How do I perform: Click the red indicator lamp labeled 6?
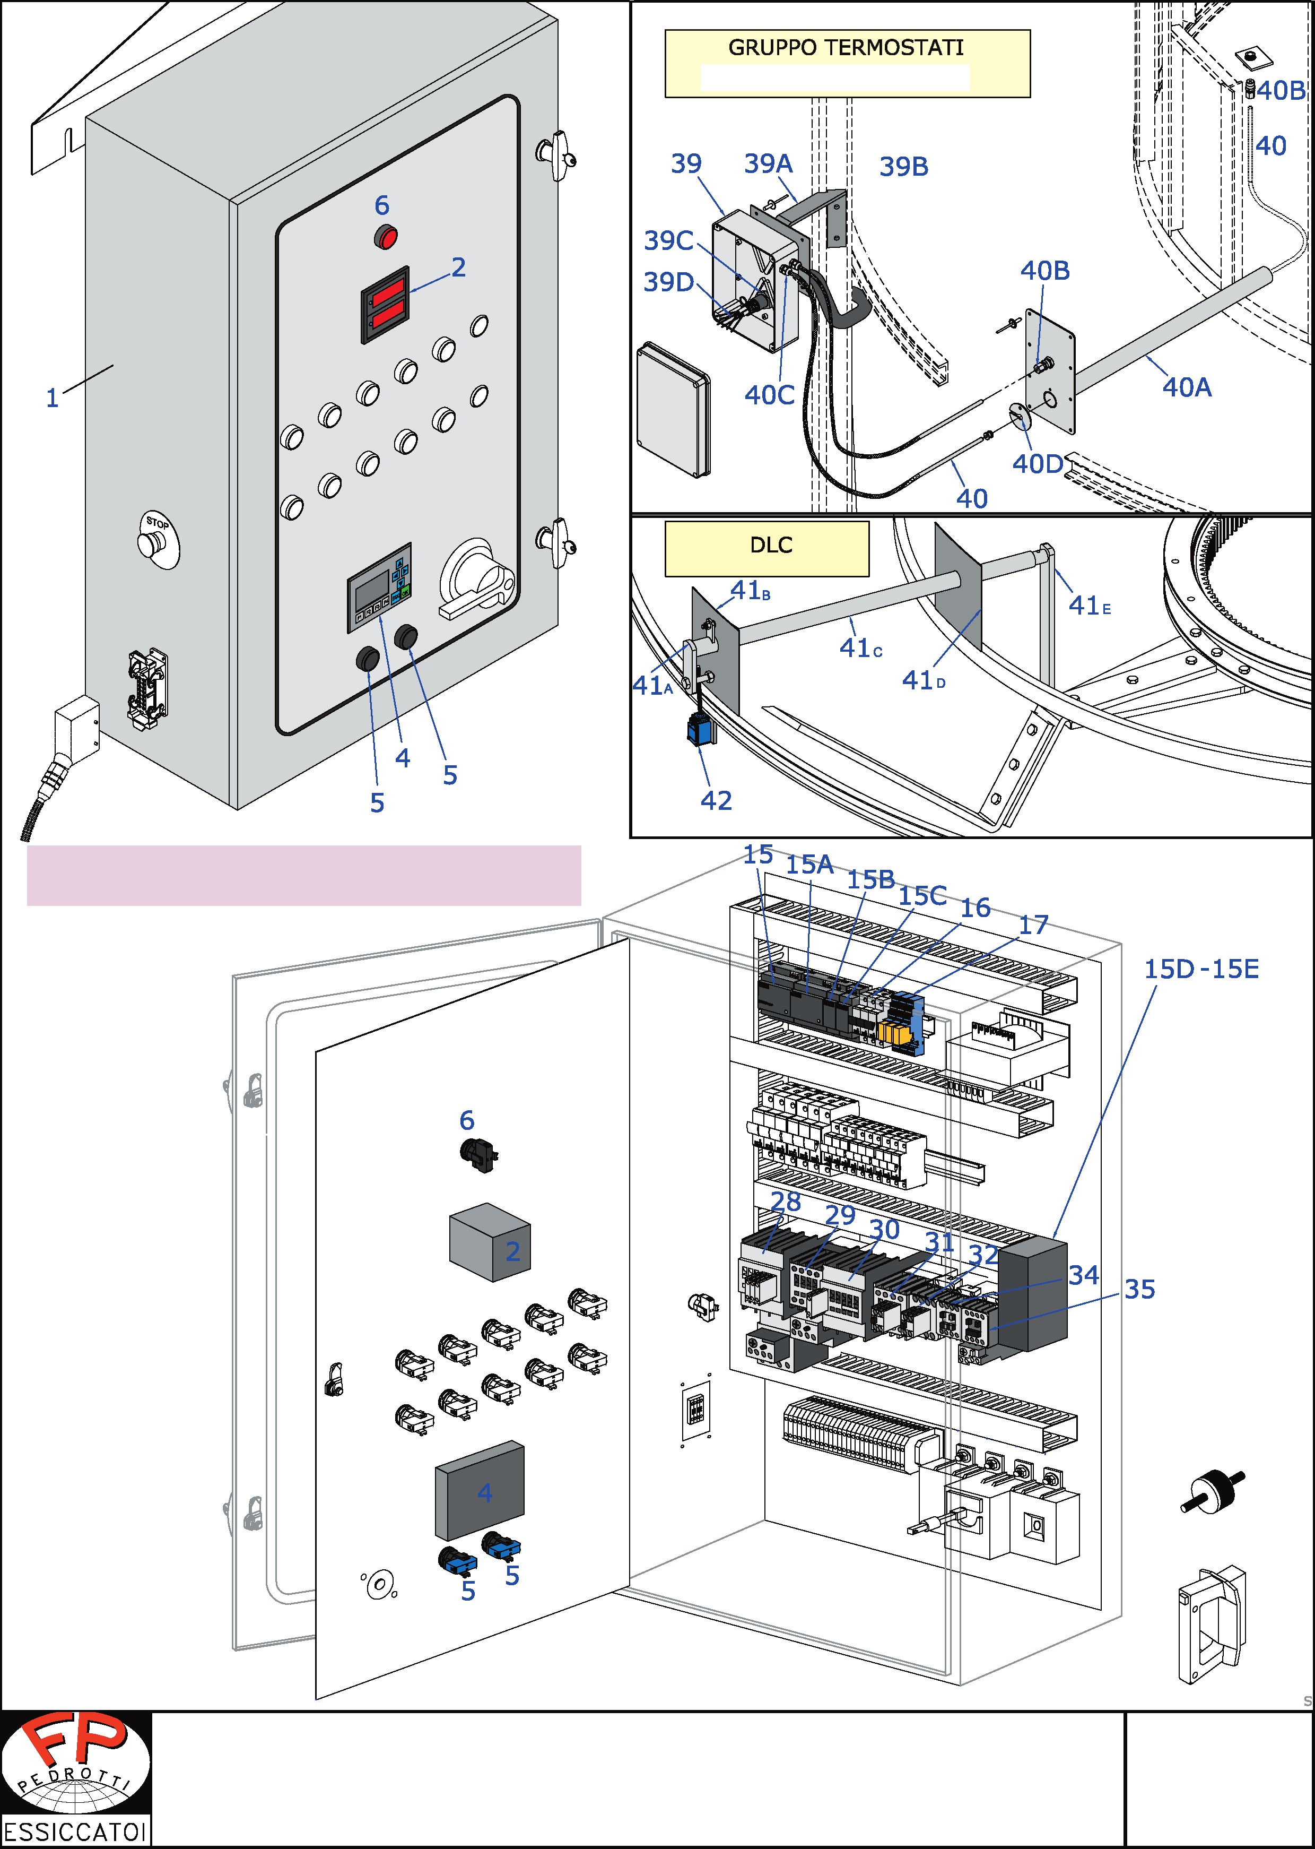[x=386, y=238]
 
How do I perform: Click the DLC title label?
[x=771, y=545]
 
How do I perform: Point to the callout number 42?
[x=716, y=801]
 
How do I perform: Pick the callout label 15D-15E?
[x=1201, y=970]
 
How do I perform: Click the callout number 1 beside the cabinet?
[x=53, y=399]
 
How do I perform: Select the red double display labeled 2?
[x=386, y=304]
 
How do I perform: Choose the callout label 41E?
[x=1089, y=606]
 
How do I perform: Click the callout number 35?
[x=1139, y=1289]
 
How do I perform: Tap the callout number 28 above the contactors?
[x=786, y=1202]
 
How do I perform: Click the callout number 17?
[x=1033, y=925]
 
